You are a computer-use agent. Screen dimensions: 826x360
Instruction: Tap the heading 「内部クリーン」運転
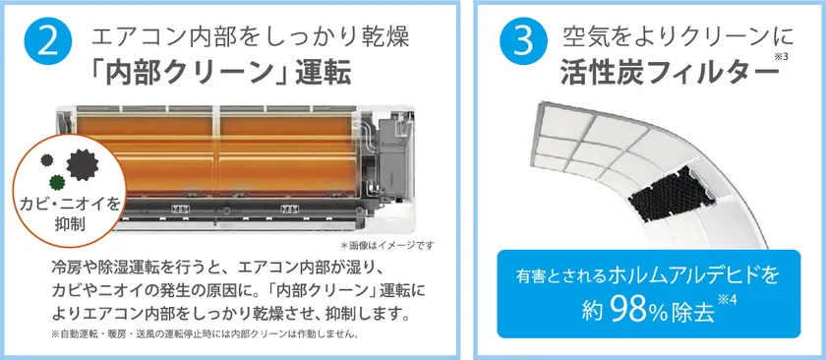click(220, 75)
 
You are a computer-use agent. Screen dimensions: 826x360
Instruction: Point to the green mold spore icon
click(57, 183)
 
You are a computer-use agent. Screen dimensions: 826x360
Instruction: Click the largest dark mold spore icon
click(83, 164)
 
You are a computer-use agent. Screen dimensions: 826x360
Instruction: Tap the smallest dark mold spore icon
click(47, 159)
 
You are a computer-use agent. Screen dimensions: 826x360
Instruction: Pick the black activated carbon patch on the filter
click(673, 193)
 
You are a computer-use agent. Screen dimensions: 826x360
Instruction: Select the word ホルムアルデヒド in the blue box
click(684, 275)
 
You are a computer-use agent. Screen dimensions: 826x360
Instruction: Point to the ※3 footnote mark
click(780, 56)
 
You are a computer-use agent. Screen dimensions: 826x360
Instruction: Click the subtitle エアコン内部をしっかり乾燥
click(250, 38)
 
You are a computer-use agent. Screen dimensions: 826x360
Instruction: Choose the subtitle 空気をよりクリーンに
click(677, 38)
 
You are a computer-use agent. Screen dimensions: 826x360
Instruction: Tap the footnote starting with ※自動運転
click(206, 334)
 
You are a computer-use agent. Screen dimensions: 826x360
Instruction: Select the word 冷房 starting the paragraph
click(65, 268)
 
